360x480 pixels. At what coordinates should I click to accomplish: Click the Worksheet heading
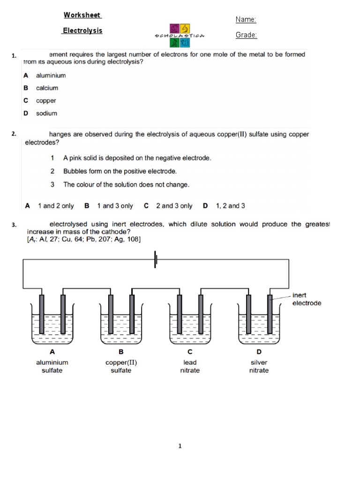click(82, 15)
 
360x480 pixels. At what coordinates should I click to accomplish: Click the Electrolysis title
click(82, 30)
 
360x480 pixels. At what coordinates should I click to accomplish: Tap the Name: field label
click(246, 20)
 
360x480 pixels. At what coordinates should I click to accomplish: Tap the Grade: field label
click(246, 35)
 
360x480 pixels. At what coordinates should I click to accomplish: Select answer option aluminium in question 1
click(51, 75)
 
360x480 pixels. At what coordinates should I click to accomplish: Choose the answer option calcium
click(47, 88)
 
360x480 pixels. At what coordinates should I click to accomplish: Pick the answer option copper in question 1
click(46, 101)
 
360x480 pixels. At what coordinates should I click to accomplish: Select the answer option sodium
click(46, 113)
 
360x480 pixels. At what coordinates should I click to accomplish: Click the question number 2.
click(14, 134)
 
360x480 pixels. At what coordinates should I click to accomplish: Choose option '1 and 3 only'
click(114, 206)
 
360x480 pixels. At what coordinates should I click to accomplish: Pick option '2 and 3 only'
click(174, 206)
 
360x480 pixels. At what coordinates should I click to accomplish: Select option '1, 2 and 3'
click(230, 206)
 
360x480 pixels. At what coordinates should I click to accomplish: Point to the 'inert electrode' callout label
click(307, 299)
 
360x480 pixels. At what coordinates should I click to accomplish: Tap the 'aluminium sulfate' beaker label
click(52, 366)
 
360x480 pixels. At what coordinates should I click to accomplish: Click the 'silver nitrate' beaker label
click(259, 366)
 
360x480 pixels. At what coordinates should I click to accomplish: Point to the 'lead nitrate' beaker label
click(190, 366)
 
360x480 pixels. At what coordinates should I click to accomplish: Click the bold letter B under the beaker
click(121, 352)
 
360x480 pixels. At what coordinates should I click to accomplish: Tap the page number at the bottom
click(180, 446)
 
